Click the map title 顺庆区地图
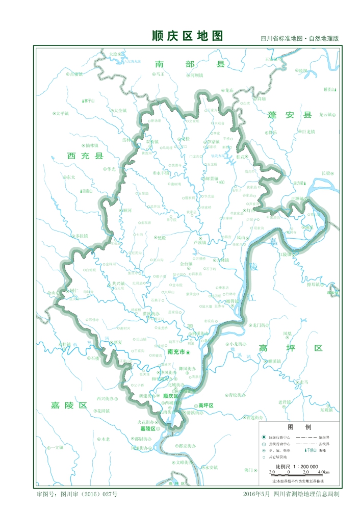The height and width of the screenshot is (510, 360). coord(187,36)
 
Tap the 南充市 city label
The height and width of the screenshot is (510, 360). coord(175,352)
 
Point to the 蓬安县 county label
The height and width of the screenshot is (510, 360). coord(290,115)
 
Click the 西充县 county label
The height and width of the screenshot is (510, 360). coord(85,156)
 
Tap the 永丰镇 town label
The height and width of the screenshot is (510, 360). coord(163,173)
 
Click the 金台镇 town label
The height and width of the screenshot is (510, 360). coord(186,264)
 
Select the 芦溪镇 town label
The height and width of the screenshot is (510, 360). coord(199,243)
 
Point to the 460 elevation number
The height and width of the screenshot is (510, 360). coord(221,182)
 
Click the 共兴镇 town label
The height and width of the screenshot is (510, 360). coord(118,283)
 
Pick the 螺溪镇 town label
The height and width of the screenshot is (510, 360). coord(274,361)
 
